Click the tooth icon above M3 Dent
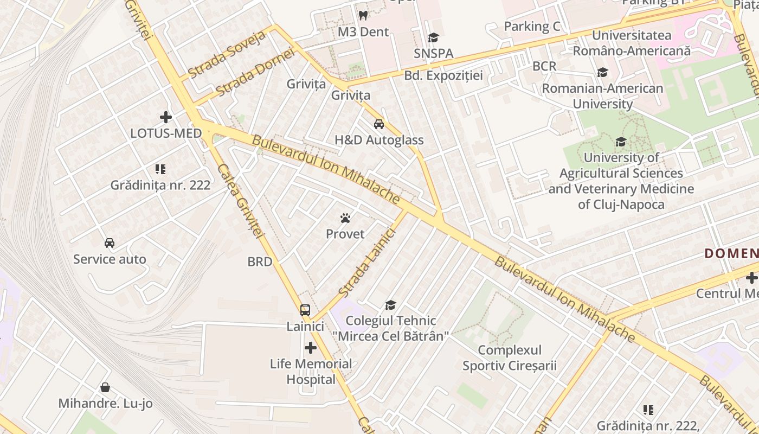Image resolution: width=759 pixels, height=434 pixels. [x=363, y=15]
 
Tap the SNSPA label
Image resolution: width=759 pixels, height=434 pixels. [x=433, y=53]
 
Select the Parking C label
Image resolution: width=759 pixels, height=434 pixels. [x=532, y=26]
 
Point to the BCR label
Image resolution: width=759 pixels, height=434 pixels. [x=544, y=66]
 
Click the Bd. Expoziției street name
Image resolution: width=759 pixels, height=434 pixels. [x=443, y=75]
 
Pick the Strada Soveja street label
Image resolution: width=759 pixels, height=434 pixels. [x=227, y=54]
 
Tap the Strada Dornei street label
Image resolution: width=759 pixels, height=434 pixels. [x=254, y=73]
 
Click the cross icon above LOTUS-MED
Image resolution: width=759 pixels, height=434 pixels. [x=166, y=117]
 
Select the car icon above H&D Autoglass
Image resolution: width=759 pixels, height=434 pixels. [x=379, y=124]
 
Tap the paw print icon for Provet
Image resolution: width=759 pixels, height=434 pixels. [x=345, y=218]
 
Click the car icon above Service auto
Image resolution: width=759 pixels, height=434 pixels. [x=110, y=243]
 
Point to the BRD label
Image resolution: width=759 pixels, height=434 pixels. [x=259, y=261]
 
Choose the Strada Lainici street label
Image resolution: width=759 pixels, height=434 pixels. [x=367, y=263]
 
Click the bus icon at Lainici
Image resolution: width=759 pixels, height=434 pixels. [x=305, y=310]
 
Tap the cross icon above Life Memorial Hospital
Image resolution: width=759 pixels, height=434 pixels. [x=311, y=347]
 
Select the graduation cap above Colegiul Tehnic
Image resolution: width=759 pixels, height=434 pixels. [x=390, y=305]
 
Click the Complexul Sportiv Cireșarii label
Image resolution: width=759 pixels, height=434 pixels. [x=509, y=358]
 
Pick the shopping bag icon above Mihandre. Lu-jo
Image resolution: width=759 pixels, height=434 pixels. [x=105, y=388]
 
